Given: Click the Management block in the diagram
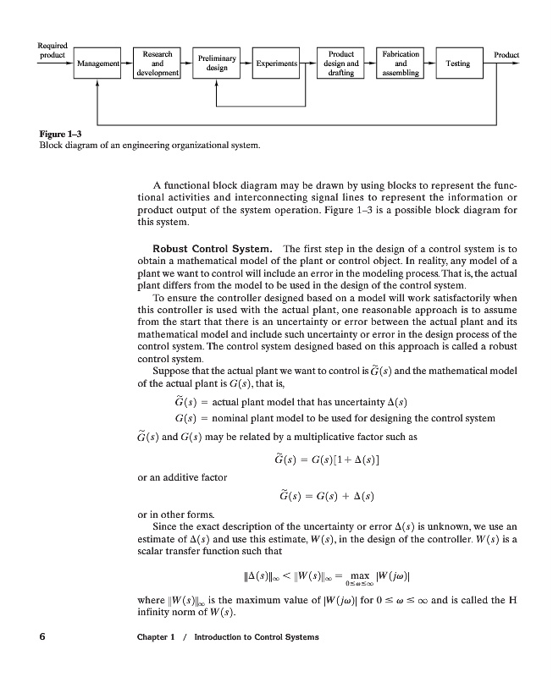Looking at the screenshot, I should tap(97, 63).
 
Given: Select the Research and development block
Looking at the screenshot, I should tap(157, 63).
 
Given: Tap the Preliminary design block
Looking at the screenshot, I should tap(217, 63).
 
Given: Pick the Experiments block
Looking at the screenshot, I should tap(276, 63).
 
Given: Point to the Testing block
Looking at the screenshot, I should tap(456, 63).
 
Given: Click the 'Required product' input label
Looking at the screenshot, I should tap(53, 50).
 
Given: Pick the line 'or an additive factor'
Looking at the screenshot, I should tap(182, 477).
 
